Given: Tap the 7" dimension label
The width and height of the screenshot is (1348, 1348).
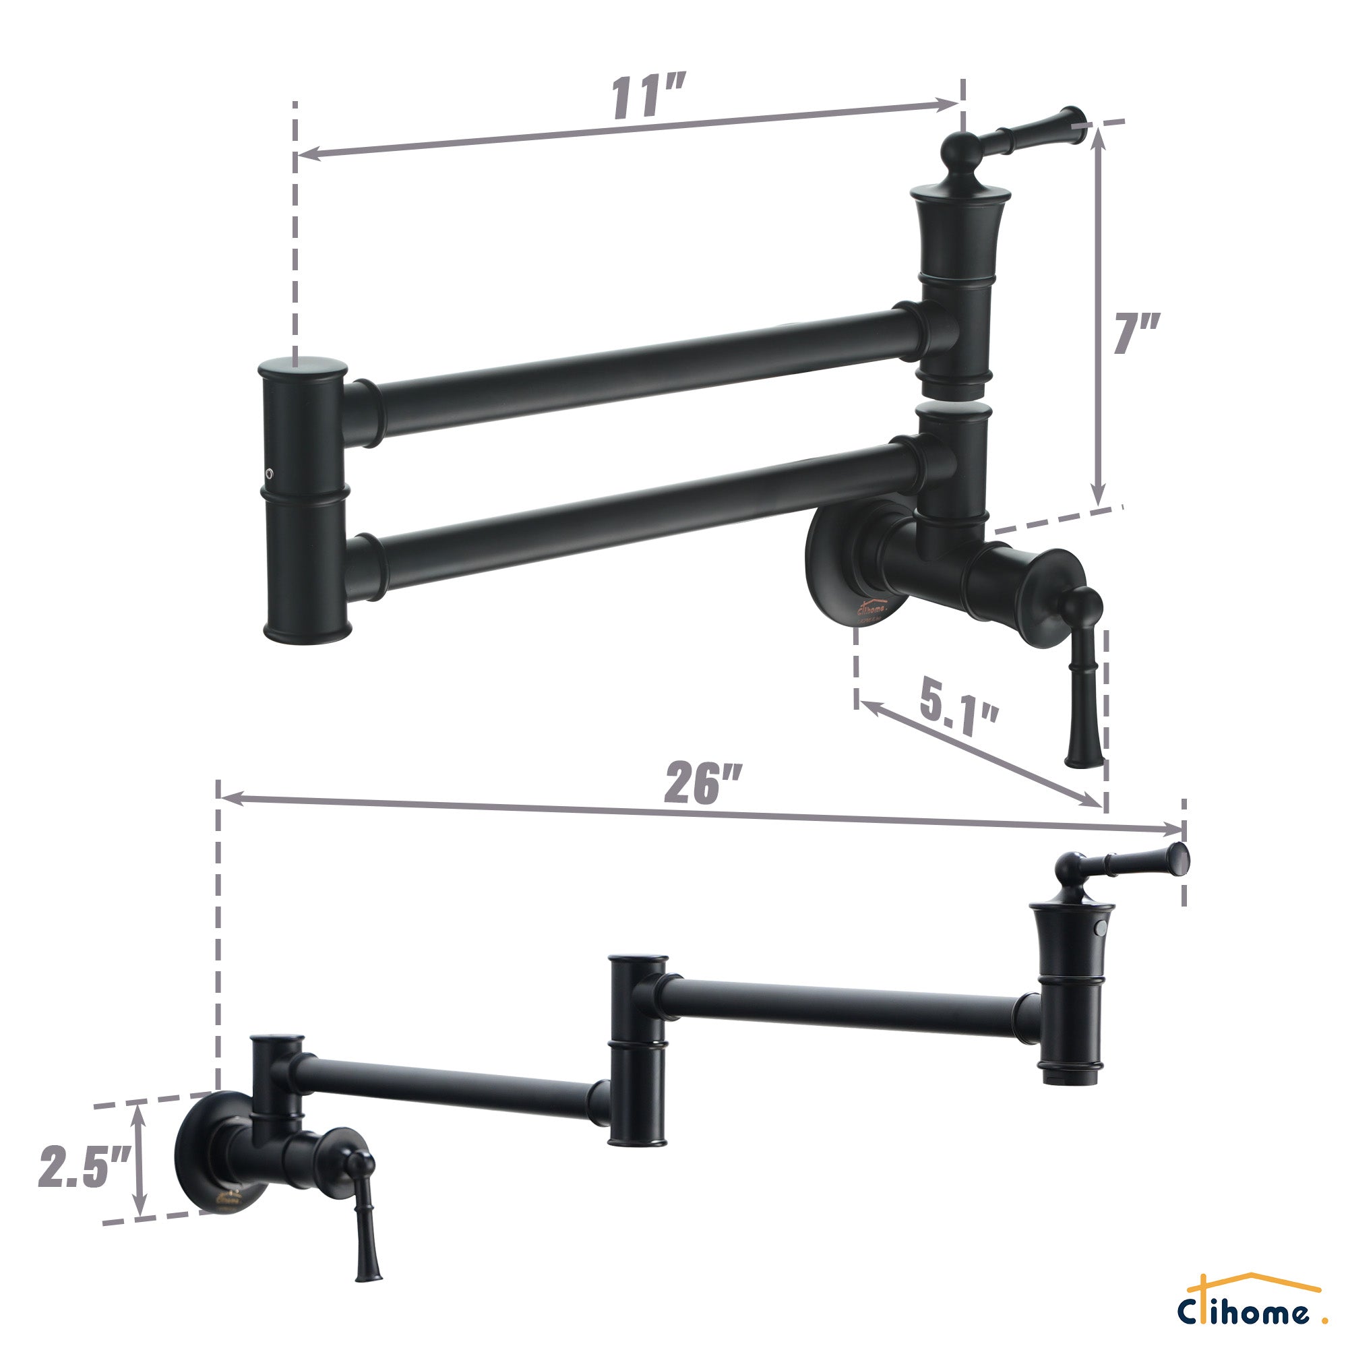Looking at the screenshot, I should (1136, 334).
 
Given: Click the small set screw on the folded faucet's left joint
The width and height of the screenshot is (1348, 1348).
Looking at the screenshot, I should (270, 474).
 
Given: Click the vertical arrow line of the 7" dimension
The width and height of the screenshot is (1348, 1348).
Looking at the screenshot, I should (1099, 314).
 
